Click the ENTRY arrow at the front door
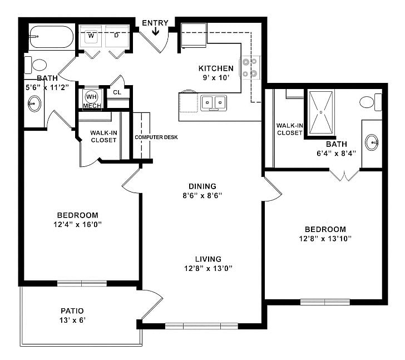156,32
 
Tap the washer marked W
91,36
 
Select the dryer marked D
117,36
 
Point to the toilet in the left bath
38,65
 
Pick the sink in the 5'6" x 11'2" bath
34,103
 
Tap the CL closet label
117,92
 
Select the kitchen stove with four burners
250,67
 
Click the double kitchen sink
214,102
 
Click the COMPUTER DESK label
156,137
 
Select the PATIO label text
72,310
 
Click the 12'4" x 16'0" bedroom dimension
78,225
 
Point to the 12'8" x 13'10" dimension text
325,239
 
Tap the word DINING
202,186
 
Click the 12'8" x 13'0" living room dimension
208,268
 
